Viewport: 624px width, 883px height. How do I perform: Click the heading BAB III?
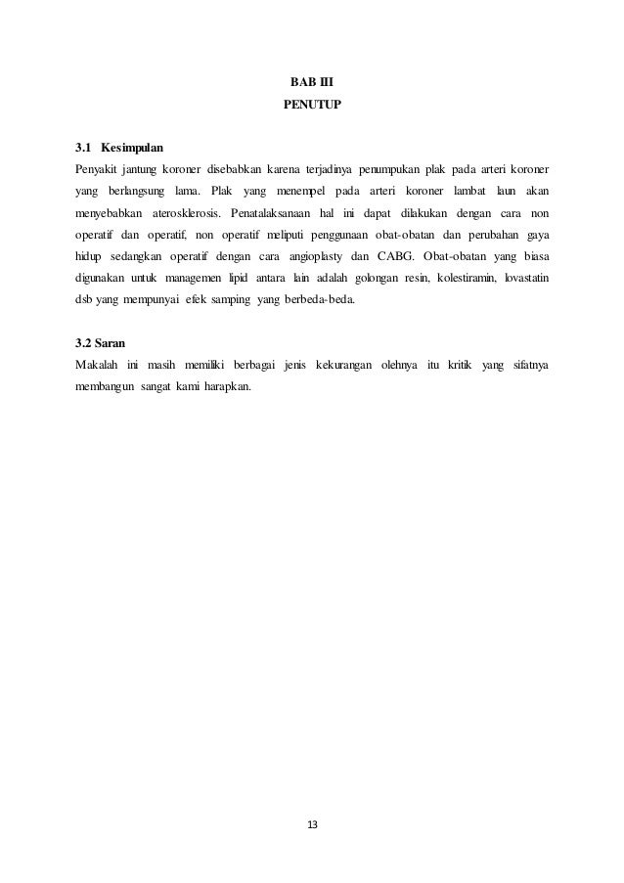click(312, 81)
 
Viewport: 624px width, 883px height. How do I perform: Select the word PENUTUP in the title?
click(312, 103)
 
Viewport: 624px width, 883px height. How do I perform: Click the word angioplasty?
click(315, 256)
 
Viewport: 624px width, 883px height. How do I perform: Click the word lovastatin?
click(525, 278)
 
